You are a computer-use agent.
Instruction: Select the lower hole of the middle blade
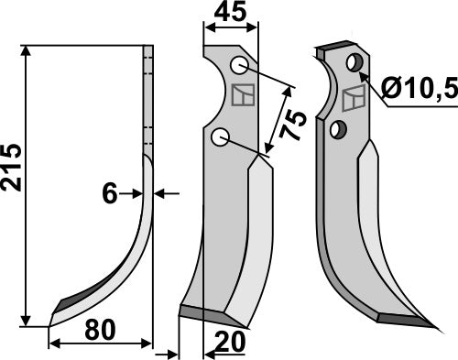pyautogui.click(x=219, y=137)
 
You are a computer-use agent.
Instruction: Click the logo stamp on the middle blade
pyautogui.click(x=244, y=94)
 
